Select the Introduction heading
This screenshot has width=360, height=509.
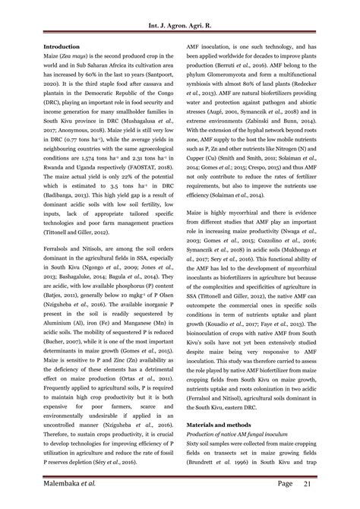tap(62, 46)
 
